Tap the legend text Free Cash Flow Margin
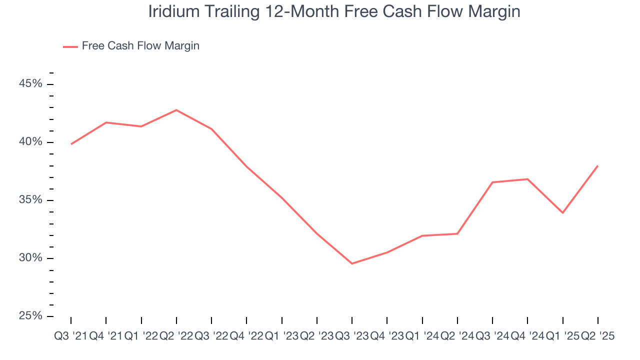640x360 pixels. pos(140,46)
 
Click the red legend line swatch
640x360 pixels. pos(70,46)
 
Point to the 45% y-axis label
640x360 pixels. pos(30,84)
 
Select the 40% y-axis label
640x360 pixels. pos(30,142)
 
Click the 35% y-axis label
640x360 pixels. pos(30,200)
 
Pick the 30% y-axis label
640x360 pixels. pos(30,258)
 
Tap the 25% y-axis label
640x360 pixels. pos(30,316)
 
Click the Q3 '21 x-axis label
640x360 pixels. pos(70,336)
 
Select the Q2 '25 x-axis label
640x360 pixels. pos(597,336)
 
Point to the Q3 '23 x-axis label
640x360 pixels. pos(352,336)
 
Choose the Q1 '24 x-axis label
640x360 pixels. pos(422,336)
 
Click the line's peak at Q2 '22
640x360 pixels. pos(176,110)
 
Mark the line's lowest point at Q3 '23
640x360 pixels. pos(352,263)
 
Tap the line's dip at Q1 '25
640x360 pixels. pos(563,213)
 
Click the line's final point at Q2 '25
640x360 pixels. pos(598,166)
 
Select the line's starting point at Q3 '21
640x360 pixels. pos(71,144)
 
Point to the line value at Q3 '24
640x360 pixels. pos(492,182)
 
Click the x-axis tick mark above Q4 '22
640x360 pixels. pos(247,320)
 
